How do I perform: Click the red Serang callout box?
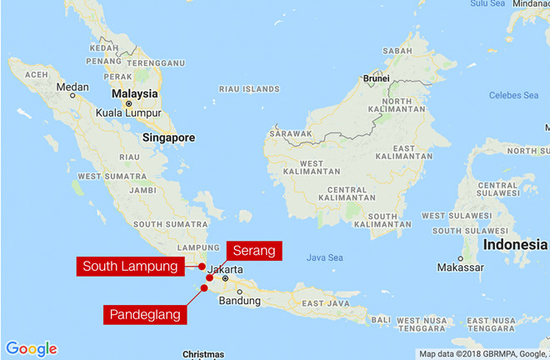pyautogui.click(x=253, y=250)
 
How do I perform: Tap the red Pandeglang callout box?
pyautogui.click(x=145, y=314)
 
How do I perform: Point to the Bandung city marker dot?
pyautogui.click(x=238, y=291)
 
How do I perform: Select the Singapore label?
pyautogui.click(x=168, y=137)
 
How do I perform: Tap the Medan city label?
pyautogui.click(x=72, y=87)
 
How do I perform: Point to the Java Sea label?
pyautogui.click(x=324, y=257)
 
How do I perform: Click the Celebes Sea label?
pyautogui.click(x=514, y=95)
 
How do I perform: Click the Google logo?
pyautogui.click(x=31, y=348)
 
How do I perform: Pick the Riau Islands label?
pyautogui.click(x=249, y=88)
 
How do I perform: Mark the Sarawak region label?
pyautogui.click(x=292, y=133)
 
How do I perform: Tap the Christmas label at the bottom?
pyautogui.click(x=203, y=354)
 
